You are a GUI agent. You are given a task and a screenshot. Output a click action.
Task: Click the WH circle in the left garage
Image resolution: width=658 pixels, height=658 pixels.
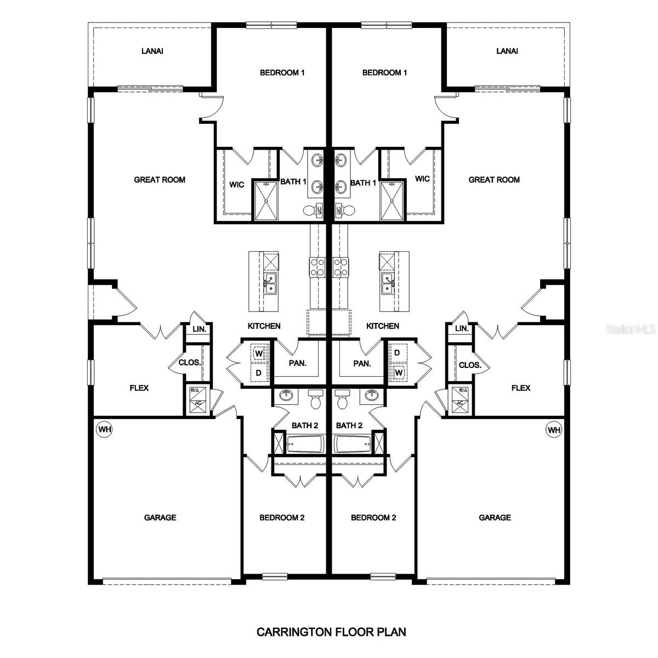pyautogui.click(x=104, y=429)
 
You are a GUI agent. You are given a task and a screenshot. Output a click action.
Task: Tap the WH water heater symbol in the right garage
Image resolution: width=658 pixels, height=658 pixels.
pyautogui.click(x=554, y=429)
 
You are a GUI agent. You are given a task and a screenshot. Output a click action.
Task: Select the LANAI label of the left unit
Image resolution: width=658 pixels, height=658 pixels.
pyautogui.click(x=152, y=51)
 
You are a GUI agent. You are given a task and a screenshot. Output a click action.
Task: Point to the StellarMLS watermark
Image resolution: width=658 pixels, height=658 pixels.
pyautogui.click(x=631, y=330)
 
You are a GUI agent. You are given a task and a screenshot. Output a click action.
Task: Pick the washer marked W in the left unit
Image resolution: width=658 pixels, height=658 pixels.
pyautogui.click(x=259, y=354)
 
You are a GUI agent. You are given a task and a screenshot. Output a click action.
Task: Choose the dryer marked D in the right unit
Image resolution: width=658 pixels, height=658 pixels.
pyautogui.click(x=397, y=353)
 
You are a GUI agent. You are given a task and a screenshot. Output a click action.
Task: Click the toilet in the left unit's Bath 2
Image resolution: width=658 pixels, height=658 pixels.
pyautogui.click(x=315, y=400)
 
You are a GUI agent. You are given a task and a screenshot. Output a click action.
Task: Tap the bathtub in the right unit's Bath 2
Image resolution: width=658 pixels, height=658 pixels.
pyautogui.click(x=352, y=444)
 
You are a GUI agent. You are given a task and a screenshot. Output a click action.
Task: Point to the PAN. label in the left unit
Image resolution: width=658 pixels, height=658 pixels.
pyautogui.click(x=298, y=363)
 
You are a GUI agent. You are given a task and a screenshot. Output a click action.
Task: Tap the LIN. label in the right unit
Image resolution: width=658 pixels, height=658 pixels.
pyautogui.click(x=462, y=328)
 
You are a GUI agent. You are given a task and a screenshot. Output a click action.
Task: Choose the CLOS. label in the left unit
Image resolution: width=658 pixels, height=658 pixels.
pyautogui.click(x=190, y=362)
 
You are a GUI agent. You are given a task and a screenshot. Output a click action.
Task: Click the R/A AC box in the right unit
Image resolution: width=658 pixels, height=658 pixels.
pyautogui.click(x=460, y=399)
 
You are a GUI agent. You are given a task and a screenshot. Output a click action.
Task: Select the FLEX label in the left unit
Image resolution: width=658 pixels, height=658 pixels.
pyautogui.click(x=139, y=388)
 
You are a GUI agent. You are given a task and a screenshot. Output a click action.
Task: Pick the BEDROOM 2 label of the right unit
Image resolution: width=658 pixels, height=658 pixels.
pyautogui.click(x=373, y=517)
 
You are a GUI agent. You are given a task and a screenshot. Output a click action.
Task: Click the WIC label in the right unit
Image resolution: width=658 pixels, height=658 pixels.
pyautogui.click(x=422, y=179)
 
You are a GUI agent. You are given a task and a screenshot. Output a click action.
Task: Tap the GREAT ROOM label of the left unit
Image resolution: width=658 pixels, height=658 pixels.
pyautogui.click(x=160, y=179)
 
